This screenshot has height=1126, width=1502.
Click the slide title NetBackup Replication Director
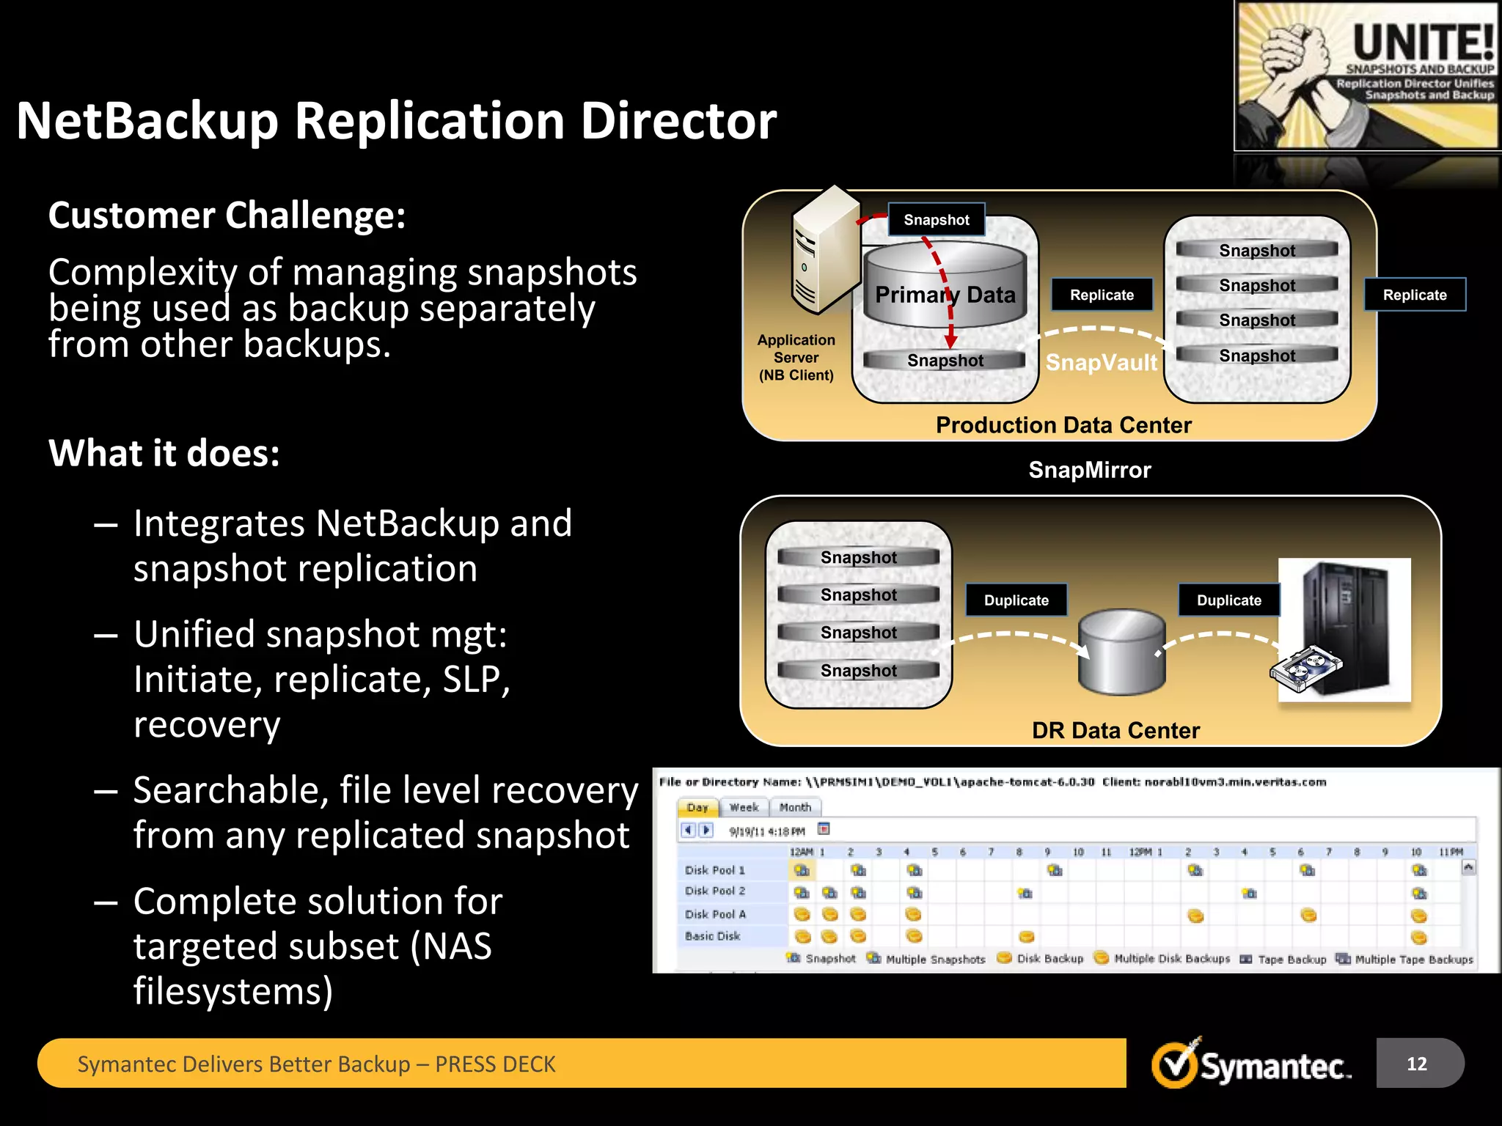point(396,121)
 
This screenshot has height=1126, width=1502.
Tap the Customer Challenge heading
point(227,216)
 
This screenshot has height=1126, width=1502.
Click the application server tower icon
point(824,249)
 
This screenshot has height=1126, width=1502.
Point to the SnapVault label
point(1101,362)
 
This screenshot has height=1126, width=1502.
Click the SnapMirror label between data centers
point(1089,470)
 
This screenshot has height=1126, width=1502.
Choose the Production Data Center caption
point(1063,425)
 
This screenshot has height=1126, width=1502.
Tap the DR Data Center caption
point(1115,730)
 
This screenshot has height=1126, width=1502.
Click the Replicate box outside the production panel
point(1414,295)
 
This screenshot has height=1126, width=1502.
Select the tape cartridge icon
point(1306,670)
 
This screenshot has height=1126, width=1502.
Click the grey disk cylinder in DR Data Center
point(1121,652)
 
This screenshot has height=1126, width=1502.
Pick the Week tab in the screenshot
point(744,807)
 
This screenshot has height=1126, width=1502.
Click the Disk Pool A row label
point(715,914)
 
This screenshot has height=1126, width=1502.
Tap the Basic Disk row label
point(712,936)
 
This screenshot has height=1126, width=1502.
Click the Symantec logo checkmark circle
point(1174,1065)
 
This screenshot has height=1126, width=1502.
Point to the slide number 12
point(1416,1064)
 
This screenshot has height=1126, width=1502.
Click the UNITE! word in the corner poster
point(1422,43)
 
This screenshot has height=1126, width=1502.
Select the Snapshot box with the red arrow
point(936,220)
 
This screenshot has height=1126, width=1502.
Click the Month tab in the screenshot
point(795,807)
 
